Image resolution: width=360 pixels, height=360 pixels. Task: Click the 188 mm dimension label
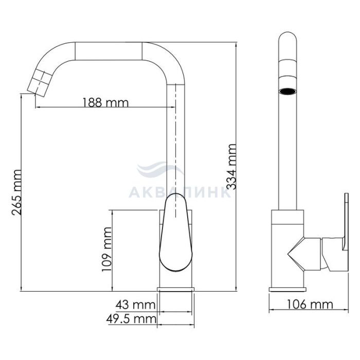click(x=105, y=102)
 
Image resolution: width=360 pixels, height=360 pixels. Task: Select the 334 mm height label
click(x=231, y=167)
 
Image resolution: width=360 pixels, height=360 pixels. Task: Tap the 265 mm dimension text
click(x=16, y=192)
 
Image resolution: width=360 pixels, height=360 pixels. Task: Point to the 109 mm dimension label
click(x=107, y=249)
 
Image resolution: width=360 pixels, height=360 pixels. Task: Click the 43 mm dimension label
click(x=135, y=305)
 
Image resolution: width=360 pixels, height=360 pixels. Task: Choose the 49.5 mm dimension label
click(x=131, y=319)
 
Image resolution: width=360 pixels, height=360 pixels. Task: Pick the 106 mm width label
click(x=310, y=304)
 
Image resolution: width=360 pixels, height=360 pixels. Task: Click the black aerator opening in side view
click(x=287, y=92)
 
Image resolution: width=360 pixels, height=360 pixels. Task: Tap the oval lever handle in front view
click(x=176, y=232)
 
